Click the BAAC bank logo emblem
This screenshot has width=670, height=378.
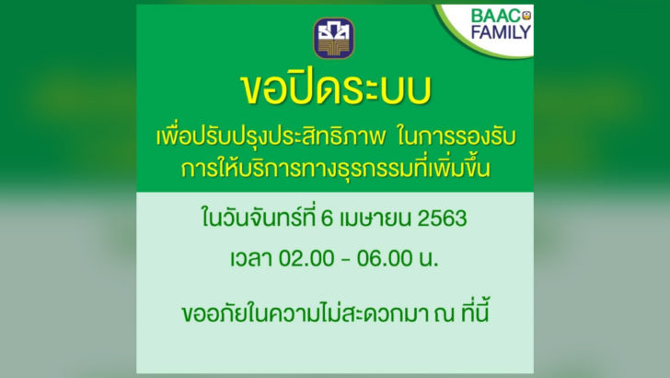click(334, 38)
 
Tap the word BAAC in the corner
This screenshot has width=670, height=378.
click(496, 17)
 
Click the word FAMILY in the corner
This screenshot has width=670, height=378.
click(501, 32)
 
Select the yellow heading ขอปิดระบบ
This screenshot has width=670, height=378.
click(335, 89)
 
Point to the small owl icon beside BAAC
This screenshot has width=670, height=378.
click(526, 16)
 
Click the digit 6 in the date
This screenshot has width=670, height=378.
click(327, 219)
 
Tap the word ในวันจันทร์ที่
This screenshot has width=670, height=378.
click(259, 218)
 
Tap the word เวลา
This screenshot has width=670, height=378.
click(251, 258)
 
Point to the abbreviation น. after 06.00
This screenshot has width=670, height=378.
click(429, 259)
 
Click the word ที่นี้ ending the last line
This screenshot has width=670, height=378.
click(475, 311)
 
